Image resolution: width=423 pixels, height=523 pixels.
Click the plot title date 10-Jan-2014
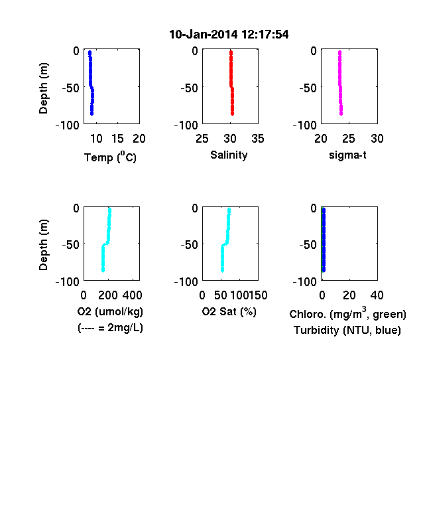[x=204, y=35]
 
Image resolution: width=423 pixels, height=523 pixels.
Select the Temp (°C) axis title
[x=110, y=157]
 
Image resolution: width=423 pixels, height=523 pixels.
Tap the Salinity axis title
[x=229, y=155]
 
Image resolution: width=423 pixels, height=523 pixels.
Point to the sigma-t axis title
[x=347, y=155]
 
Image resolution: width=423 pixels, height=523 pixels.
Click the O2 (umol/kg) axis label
[x=110, y=311]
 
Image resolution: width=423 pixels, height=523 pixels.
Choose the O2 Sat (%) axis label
[x=229, y=311]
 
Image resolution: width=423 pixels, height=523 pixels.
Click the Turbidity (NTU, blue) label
[x=347, y=331]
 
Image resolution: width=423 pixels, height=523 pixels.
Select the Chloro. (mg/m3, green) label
[x=347, y=313]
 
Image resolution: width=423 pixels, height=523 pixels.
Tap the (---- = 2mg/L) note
[x=110, y=328]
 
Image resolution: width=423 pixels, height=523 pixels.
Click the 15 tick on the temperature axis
[x=117, y=139]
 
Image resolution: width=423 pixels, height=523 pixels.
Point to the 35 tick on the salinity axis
[x=258, y=139]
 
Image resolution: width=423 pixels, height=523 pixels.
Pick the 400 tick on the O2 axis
[x=132, y=295]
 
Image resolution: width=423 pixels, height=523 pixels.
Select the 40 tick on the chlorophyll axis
[x=377, y=295]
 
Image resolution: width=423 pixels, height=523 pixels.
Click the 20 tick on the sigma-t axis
[x=321, y=139]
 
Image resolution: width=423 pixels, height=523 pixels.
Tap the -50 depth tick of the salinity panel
[x=189, y=88]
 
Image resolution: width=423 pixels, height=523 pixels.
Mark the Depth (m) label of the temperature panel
[x=43, y=88]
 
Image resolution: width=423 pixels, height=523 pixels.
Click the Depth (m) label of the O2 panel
[x=43, y=245]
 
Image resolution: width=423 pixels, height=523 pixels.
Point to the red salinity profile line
[x=231, y=83]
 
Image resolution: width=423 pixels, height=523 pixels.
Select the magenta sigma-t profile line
[x=340, y=83]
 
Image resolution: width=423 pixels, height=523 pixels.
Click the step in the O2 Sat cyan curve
[x=225, y=244]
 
